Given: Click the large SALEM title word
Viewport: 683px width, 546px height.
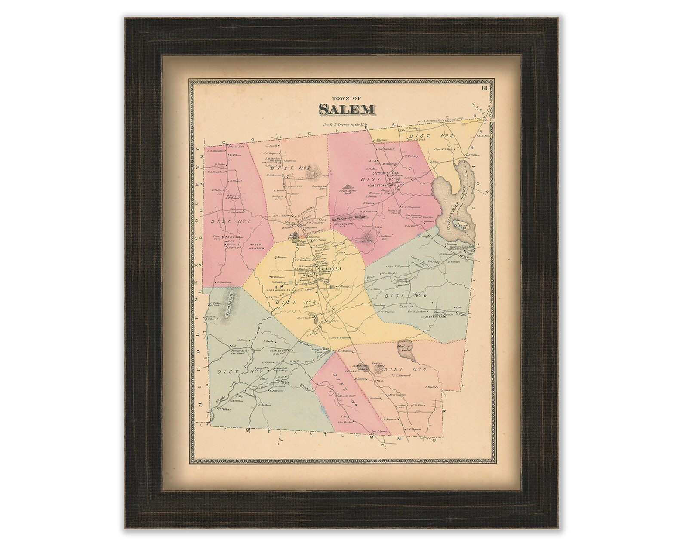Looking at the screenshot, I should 346,110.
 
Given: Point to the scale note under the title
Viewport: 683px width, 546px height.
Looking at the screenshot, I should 346,125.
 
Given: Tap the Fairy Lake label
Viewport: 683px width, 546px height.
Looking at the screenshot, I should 405,347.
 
